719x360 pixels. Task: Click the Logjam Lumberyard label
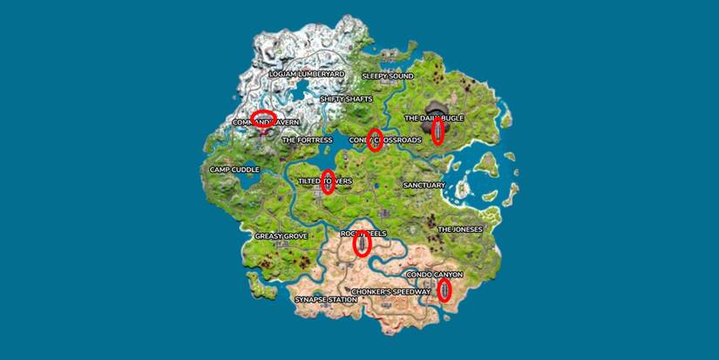(x=307, y=74)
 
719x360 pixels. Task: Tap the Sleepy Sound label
(x=387, y=77)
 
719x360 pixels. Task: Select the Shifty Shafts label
(x=346, y=99)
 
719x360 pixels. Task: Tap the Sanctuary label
(x=424, y=186)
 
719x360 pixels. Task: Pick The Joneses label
(x=459, y=230)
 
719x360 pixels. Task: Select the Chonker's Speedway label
(x=390, y=292)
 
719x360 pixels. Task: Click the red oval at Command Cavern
(x=263, y=117)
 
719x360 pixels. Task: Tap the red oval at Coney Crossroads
(x=375, y=139)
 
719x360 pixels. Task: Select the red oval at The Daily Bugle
(x=438, y=131)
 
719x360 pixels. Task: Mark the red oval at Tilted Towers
(x=328, y=181)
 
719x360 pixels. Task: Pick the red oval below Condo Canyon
(x=444, y=290)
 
